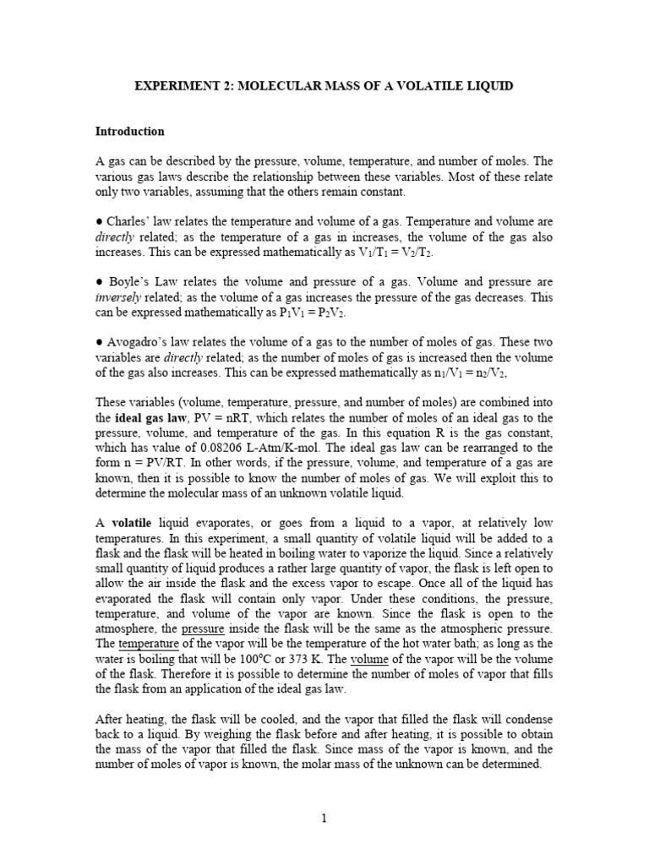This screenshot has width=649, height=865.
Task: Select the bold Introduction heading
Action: point(129,132)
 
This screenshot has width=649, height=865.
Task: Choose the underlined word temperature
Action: point(148,645)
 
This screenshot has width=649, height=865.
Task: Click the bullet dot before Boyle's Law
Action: point(99,282)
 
